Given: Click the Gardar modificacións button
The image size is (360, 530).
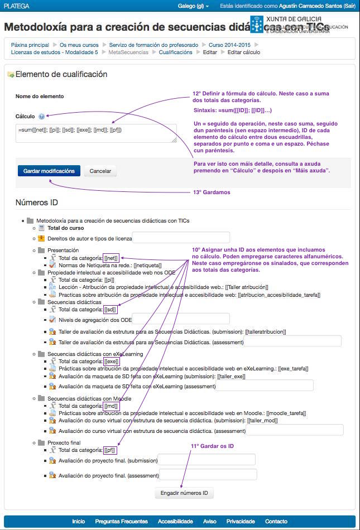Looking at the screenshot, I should (x=49, y=171).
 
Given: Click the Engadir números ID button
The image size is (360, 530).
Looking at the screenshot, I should (x=184, y=493).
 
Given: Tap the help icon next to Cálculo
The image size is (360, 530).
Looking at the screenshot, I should (x=42, y=116).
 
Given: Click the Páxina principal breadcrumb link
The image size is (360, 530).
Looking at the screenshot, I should (x=30, y=45).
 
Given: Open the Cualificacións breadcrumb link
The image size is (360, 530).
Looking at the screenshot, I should (x=175, y=52).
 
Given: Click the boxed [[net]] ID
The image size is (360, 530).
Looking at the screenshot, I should (x=111, y=258).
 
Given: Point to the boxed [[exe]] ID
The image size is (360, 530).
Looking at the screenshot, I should (x=111, y=361).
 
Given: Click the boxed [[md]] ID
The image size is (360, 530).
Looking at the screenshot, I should (x=111, y=406).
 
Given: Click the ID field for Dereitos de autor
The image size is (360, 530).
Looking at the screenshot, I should (x=181, y=238).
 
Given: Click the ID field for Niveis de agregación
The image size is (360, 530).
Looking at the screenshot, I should (x=181, y=319).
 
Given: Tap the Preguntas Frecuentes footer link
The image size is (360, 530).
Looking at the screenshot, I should (x=122, y=521).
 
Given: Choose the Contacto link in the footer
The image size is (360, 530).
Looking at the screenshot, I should (x=276, y=521).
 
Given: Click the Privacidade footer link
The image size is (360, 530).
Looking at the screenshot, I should (x=241, y=521).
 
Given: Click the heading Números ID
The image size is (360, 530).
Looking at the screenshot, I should (x=37, y=203).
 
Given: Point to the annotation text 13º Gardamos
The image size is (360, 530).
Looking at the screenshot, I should (x=212, y=192).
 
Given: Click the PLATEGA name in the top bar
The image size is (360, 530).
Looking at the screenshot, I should (x=17, y=6).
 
